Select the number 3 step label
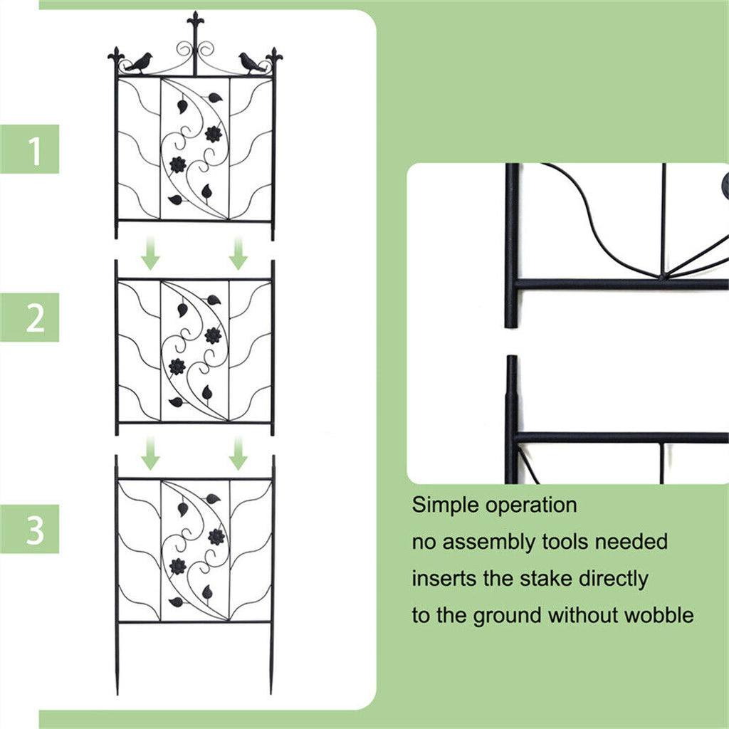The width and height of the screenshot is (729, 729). click(x=35, y=530)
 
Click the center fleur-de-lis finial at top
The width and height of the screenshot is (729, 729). click(x=194, y=23)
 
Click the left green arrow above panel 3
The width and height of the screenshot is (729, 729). click(x=150, y=453)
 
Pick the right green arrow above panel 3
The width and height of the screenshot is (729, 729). click(x=238, y=453)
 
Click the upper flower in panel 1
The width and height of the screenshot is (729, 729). click(x=213, y=134)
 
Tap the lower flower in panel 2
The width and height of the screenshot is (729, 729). click(x=177, y=367)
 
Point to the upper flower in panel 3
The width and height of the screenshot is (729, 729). click(x=216, y=537)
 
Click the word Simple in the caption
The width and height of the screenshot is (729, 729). click(x=446, y=505)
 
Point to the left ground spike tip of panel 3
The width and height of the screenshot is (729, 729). click(x=117, y=691)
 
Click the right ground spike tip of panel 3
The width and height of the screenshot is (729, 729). click(x=271, y=691)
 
